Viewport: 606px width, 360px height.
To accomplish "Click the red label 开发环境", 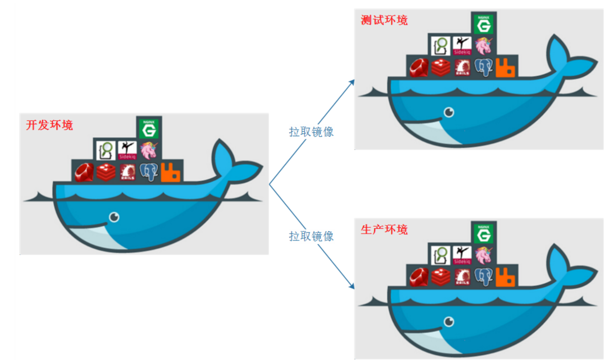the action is pyautogui.click(x=49, y=125).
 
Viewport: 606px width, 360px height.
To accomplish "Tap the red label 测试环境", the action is pyautogui.click(x=384, y=20).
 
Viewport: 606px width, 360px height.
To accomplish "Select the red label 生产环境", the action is pyautogui.click(x=384, y=229).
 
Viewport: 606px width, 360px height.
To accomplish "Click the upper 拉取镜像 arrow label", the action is pyautogui.click(x=311, y=132).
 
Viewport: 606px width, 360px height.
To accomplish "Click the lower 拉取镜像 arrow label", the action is pyautogui.click(x=311, y=236).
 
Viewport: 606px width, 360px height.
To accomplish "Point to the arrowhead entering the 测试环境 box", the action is pyautogui.click(x=352, y=82).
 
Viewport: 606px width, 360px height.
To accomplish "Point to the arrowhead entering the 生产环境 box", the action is pyautogui.click(x=352, y=286).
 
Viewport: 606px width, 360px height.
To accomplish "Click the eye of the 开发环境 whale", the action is pyautogui.click(x=114, y=217).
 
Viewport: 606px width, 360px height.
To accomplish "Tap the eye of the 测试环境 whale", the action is pyautogui.click(x=449, y=112).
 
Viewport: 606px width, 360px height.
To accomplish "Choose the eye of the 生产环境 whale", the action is pyautogui.click(x=449, y=321).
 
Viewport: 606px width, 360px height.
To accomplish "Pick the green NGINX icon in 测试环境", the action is pyautogui.click(x=484, y=24).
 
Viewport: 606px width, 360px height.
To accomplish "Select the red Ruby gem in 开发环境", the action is pyautogui.click(x=84, y=172).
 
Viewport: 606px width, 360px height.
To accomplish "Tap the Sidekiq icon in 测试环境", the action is pyautogui.click(x=462, y=45).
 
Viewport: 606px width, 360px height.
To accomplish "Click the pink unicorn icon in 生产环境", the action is pyautogui.click(x=484, y=255).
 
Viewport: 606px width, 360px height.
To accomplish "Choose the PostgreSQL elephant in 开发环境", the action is pyautogui.click(x=149, y=172).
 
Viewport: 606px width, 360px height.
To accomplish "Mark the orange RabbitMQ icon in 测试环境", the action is pyautogui.click(x=505, y=67).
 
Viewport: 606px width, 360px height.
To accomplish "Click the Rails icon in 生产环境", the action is pyautogui.click(x=462, y=277).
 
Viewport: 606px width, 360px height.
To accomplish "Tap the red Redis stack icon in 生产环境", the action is pyautogui.click(x=441, y=277).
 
